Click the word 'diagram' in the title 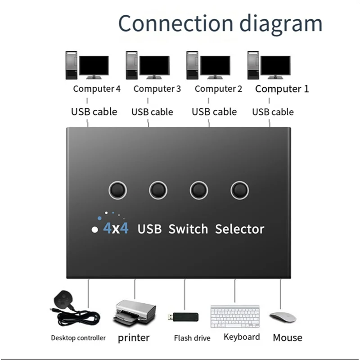tap(281, 24)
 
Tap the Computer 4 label tap(97, 89)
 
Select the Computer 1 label tap(282, 89)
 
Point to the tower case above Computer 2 tap(192, 65)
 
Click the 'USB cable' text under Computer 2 tap(214, 112)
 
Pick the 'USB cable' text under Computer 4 tap(94, 112)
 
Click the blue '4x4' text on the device tap(116, 228)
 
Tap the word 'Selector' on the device tap(239, 229)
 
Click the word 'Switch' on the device tap(188, 229)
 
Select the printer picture tap(134, 313)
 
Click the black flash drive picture tap(183, 317)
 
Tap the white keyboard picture tap(235, 316)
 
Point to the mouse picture tap(283, 317)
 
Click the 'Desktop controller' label tap(78, 338)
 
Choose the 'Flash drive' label tap(192, 338)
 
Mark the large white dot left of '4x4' tap(94, 229)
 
